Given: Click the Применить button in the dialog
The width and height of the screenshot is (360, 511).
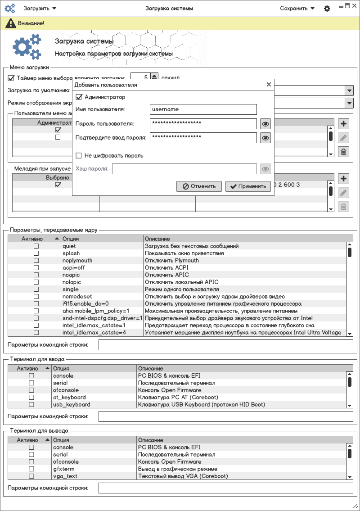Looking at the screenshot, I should (x=248, y=186).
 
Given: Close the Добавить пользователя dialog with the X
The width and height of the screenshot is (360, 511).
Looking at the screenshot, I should (x=269, y=84).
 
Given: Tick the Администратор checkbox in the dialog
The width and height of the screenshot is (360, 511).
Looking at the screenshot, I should (x=79, y=97).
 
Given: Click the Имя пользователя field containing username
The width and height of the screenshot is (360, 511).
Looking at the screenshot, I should (x=203, y=109).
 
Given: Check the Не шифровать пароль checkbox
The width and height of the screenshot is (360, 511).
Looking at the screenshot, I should (x=79, y=156).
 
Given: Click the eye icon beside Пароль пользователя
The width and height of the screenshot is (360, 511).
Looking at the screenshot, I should (x=265, y=124).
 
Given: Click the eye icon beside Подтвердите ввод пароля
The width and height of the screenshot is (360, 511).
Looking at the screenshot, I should (x=265, y=138).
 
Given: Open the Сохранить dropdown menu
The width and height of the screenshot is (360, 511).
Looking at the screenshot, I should (x=297, y=9).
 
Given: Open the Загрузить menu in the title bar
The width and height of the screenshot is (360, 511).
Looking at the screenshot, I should (x=40, y=9).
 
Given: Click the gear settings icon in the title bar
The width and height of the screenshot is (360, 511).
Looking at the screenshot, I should (x=327, y=9).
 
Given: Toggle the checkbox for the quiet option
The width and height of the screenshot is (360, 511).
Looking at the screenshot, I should (x=36, y=246).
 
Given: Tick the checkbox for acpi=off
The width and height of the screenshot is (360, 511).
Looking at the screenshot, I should (x=36, y=268).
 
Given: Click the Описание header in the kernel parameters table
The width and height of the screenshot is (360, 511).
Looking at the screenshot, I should (x=157, y=239).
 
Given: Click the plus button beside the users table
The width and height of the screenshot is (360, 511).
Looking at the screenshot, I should (x=343, y=124).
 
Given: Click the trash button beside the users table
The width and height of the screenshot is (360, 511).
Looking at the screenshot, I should (x=343, y=152).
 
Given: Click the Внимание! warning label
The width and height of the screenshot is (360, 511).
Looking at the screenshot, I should (x=31, y=23).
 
